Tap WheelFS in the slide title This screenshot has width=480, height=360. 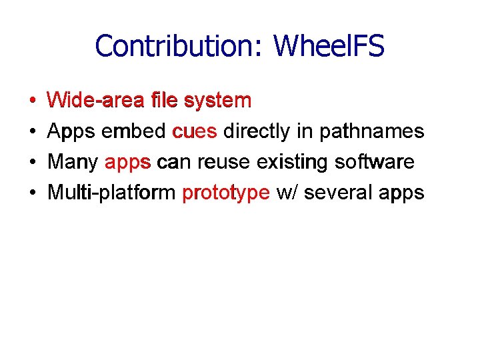(x=329, y=46)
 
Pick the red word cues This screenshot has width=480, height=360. (x=195, y=131)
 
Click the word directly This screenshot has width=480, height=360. (x=257, y=131)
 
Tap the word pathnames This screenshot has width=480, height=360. (x=372, y=131)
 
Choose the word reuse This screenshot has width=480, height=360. (x=221, y=162)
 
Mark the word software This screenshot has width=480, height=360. (x=375, y=162)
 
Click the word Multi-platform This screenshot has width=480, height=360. (x=111, y=193)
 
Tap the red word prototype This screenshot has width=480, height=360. (x=226, y=193)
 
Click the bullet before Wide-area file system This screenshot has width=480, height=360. (x=33, y=101)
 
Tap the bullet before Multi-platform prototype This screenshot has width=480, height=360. (x=33, y=193)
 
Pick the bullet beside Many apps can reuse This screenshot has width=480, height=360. (x=33, y=163)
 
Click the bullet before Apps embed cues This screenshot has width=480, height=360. (x=33, y=132)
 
